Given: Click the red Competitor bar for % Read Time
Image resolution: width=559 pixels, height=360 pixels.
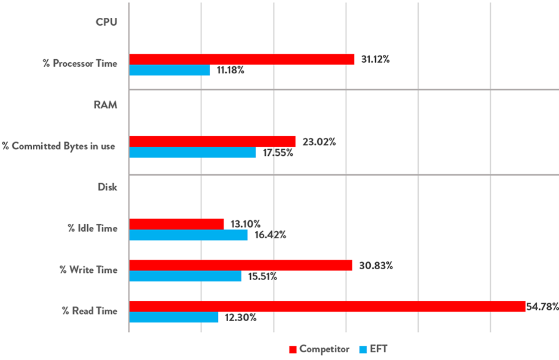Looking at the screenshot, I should click(327, 306).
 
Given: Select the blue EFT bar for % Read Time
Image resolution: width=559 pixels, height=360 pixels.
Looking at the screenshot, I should click(173, 317).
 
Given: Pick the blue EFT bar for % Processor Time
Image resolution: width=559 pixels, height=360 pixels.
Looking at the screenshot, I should click(169, 70).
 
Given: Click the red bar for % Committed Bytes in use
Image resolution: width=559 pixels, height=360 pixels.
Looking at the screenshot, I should click(212, 141).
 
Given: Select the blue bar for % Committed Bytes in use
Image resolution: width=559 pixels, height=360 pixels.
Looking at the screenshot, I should click(192, 152).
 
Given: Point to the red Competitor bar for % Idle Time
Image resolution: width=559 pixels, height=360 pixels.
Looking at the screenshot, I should click(176, 224).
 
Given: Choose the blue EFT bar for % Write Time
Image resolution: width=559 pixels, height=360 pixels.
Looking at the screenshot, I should click(185, 276).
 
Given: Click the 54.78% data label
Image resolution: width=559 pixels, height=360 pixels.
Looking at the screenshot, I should click(542, 307).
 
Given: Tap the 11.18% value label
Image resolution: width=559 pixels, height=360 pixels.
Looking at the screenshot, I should click(231, 70).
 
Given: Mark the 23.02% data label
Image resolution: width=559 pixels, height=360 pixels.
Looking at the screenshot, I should click(319, 142).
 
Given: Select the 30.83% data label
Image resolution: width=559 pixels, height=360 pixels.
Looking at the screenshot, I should click(376, 266).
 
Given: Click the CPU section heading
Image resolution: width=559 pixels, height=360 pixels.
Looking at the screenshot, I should click(106, 22).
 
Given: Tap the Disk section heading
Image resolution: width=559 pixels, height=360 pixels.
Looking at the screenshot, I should click(107, 187).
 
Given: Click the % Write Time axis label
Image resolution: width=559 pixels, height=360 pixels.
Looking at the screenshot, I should click(88, 270).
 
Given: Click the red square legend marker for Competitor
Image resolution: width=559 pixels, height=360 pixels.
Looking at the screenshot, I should click(293, 349).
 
